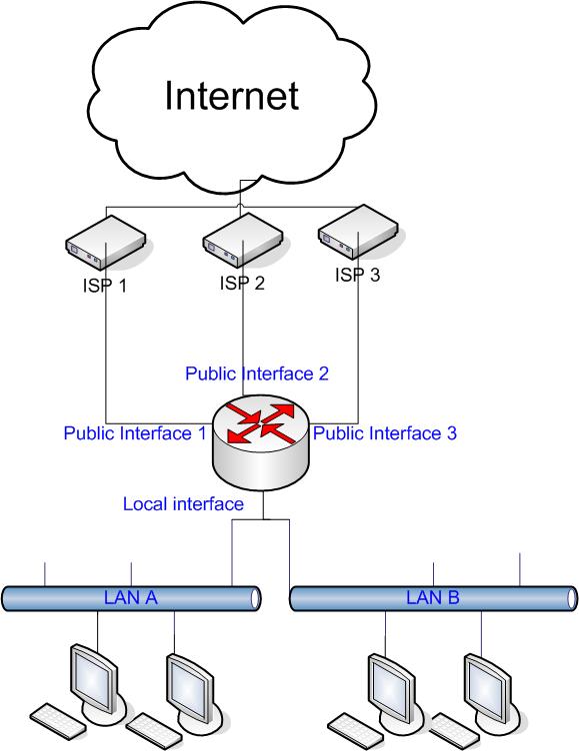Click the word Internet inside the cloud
point(231,96)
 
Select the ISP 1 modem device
point(105,247)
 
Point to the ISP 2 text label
point(242,283)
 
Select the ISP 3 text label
point(358,275)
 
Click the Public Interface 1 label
point(134,433)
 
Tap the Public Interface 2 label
point(257,374)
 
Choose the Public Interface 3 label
point(385,433)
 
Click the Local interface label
point(183,504)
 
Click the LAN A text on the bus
point(132,598)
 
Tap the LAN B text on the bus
point(432,598)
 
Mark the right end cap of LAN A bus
point(257,598)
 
